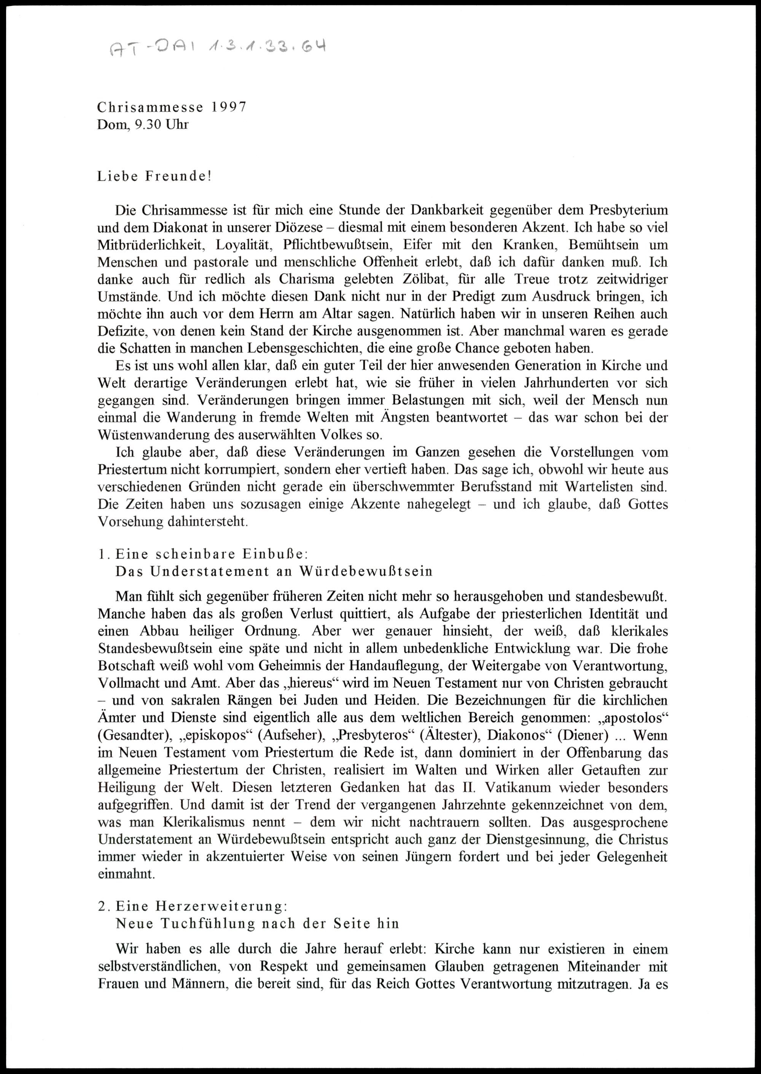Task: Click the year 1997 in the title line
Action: coord(229,107)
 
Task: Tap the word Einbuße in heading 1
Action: coord(274,554)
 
